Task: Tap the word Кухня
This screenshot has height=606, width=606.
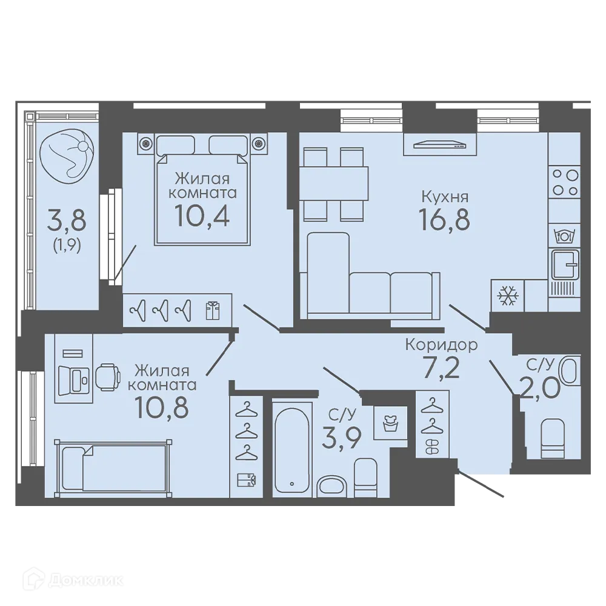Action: click(445, 197)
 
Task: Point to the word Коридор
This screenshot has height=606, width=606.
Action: click(441, 345)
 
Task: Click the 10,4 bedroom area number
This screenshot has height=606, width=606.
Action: click(202, 215)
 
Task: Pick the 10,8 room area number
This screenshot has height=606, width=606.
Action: click(162, 407)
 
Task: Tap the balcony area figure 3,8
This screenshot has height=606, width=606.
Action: click(67, 219)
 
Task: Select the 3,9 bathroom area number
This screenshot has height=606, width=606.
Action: click(341, 438)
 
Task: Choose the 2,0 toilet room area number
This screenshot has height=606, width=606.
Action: click(541, 387)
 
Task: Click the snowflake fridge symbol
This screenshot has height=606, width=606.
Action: click(507, 296)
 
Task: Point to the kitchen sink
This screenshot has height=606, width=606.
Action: click(565, 264)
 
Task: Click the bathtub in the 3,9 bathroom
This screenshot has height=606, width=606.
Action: click(292, 450)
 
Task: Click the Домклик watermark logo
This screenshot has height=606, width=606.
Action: click(73, 580)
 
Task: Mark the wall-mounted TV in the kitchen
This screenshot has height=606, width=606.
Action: click(439, 145)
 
